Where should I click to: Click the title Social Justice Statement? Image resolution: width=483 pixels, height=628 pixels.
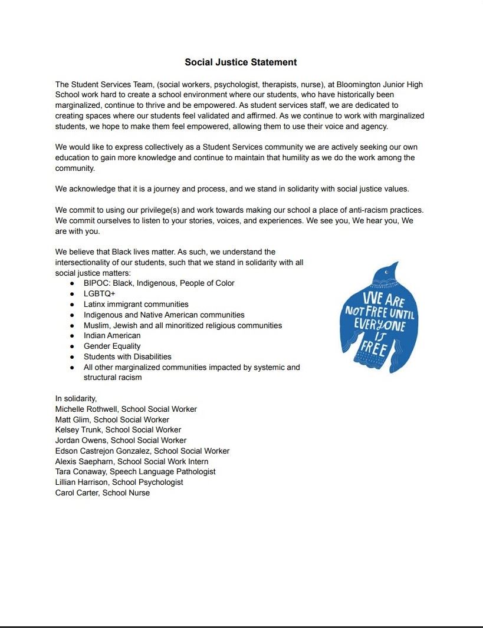tap(241, 62)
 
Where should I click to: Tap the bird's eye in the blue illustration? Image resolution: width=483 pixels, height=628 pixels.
tap(387, 272)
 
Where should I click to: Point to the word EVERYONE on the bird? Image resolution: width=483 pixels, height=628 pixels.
tap(380, 324)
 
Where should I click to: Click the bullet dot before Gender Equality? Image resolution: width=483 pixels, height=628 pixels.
tap(71, 346)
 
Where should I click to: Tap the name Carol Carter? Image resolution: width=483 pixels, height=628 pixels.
tap(77, 493)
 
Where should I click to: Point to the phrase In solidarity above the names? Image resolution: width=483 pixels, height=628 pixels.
tap(76, 398)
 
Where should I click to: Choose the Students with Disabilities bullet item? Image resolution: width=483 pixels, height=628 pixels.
tap(127, 356)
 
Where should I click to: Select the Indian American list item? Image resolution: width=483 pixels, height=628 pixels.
tap(112, 335)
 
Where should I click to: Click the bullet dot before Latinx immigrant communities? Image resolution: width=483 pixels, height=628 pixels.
tap(71, 305)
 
